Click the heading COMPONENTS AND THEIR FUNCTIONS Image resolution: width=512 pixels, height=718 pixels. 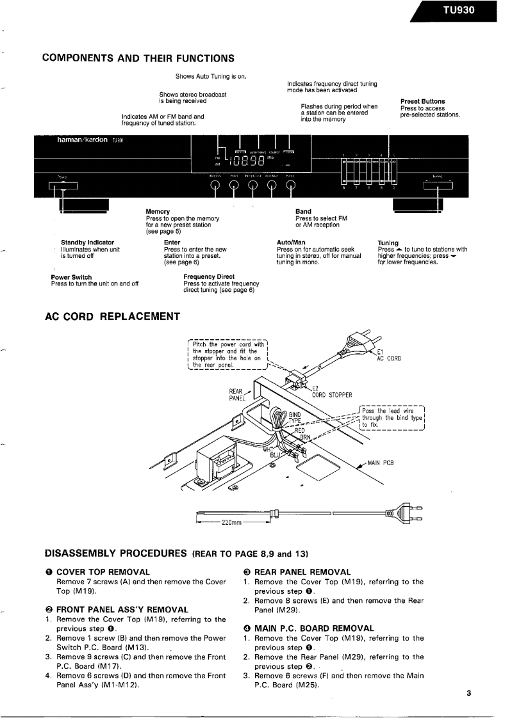[x=138, y=59]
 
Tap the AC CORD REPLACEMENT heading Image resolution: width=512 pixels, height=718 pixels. [x=112, y=316]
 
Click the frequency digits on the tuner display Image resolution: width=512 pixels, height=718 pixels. [x=245, y=160]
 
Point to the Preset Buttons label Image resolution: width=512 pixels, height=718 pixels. [x=422, y=101]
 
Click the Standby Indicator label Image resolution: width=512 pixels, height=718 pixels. [x=88, y=243]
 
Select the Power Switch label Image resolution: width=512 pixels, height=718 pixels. [x=71, y=277]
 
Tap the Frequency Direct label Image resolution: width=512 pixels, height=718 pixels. [x=209, y=277]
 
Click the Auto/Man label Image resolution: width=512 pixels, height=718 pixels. [x=290, y=243]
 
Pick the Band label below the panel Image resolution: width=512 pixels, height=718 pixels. [x=303, y=211]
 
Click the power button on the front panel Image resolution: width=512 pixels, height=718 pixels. [x=63, y=186]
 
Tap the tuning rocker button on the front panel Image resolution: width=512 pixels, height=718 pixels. [x=438, y=185]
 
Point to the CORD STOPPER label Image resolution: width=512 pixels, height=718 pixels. [x=332, y=395]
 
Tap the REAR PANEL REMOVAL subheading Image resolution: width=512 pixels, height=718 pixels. [x=302, y=571]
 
